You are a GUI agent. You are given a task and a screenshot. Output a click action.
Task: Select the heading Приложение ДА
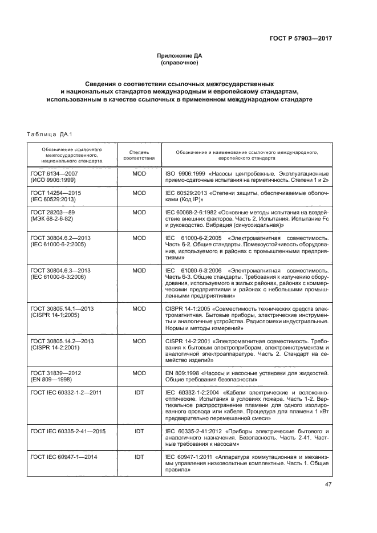180,56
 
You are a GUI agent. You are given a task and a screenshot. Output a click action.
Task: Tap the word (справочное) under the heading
180,63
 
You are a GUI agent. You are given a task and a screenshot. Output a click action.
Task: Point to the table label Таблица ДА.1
47,135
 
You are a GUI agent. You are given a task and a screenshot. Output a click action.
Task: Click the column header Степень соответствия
139,156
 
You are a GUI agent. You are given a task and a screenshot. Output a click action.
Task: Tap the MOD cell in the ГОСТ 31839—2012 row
139,373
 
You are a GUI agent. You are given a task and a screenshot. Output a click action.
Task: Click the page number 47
327,485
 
